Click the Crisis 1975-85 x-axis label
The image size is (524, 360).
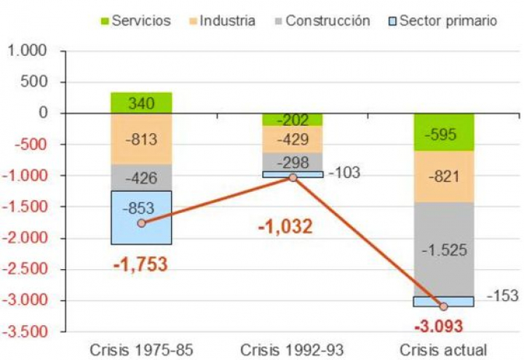click(x=141, y=349)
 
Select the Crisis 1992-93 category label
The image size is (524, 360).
click(x=292, y=349)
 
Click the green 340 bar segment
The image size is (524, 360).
click(x=141, y=103)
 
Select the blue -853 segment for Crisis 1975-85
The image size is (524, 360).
click(x=141, y=217)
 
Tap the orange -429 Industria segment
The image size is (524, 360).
click(x=292, y=140)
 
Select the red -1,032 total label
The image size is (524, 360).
click(x=285, y=226)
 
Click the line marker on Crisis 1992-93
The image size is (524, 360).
click(x=292, y=177)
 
